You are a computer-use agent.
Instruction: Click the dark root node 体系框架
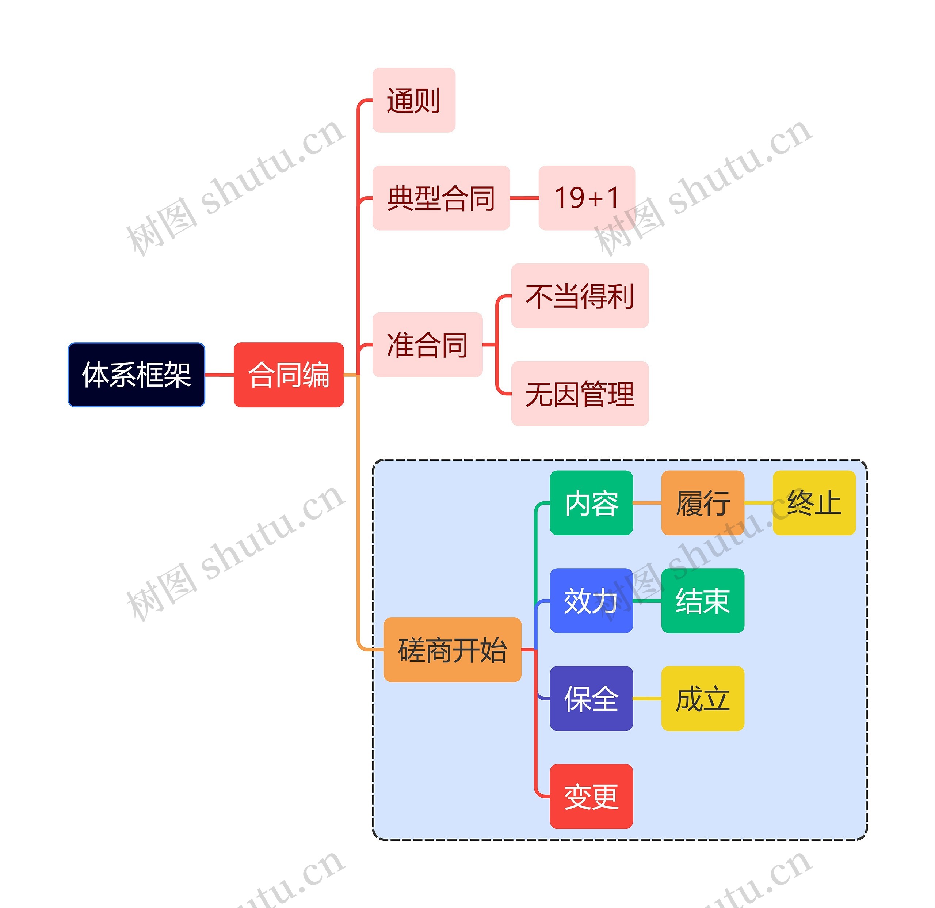(137, 375)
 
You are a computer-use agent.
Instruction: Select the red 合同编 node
(289, 375)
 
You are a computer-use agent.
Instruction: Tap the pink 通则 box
(413, 100)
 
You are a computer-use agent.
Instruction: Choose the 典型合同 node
(441, 198)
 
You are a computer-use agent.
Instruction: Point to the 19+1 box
(586, 198)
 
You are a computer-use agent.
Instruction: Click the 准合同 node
(427, 345)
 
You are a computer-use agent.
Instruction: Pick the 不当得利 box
(580, 296)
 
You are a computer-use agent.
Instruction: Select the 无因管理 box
(580, 394)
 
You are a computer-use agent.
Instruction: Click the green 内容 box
(591, 503)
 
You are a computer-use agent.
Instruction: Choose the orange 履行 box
(703, 503)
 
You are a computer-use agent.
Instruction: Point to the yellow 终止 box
(814, 503)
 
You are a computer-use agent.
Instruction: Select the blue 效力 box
(591, 601)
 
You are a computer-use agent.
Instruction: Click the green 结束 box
(703, 601)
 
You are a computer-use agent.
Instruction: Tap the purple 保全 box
(591, 699)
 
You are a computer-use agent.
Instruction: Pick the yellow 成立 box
(703, 699)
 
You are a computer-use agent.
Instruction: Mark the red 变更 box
(591, 796)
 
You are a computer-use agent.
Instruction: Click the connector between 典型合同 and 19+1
(524, 198)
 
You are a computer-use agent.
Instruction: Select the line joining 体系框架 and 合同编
(219, 375)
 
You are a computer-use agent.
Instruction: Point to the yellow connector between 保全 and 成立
(647, 699)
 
